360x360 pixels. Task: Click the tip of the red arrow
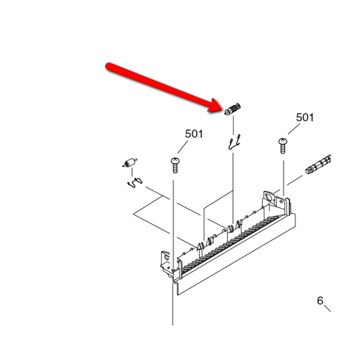click(222, 109)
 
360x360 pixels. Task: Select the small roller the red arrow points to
click(232, 109)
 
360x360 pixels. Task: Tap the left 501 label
click(194, 134)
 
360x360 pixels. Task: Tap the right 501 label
click(305, 118)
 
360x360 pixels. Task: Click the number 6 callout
click(320, 300)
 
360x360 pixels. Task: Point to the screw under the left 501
click(175, 165)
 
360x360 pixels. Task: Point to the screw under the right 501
click(283, 146)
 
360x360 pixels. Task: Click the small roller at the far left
click(129, 163)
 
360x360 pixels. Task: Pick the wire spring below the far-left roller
click(134, 183)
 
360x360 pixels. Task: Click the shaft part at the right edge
click(318, 165)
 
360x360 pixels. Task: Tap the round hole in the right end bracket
click(268, 198)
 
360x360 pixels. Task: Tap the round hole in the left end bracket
click(167, 257)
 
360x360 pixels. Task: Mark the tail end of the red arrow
click(108, 66)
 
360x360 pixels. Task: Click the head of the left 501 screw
click(175, 161)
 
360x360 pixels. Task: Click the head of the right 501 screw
click(283, 141)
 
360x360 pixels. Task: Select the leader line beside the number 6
click(328, 309)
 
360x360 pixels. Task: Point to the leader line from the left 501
click(183, 147)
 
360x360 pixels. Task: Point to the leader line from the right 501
click(294, 129)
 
